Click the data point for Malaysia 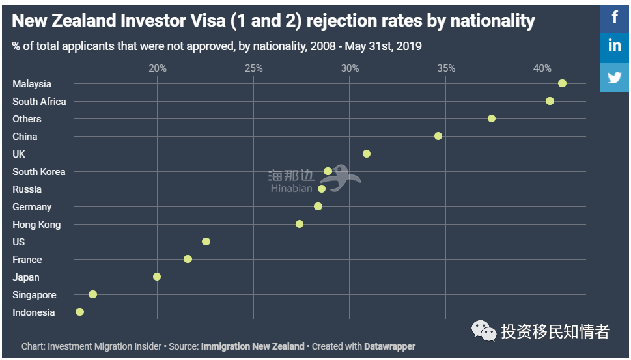pyautogui.click(x=562, y=83)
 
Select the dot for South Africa pyautogui.click(x=550, y=101)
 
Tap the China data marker pyautogui.click(x=438, y=136)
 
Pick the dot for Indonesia pyautogui.click(x=79, y=312)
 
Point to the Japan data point pyautogui.click(x=157, y=277)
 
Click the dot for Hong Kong pyautogui.click(x=300, y=224)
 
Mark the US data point pyautogui.click(x=206, y=242)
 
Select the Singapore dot pyautogui.click(x=92, y=294)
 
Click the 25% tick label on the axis pyautogui.click(x=253, y=68)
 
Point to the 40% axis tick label pyautogui.click(x=542, y=68)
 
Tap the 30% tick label pyautogui.click(x=350, y=68)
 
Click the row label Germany pyautogui.click(x=32, y=207)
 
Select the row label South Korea pyautogui.click(x=39, y=172)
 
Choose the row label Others pyautogui.click(x=27, y=119)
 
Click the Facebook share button pyautogui.click(x=615, y=17)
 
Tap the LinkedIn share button pyautogui.click(x=615, y=46)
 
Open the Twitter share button pyautogui.click(x=615, y=77)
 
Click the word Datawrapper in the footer pyautogui.click(x=389, y=346)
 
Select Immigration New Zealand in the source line pyautogui.click(x=253, y=346)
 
